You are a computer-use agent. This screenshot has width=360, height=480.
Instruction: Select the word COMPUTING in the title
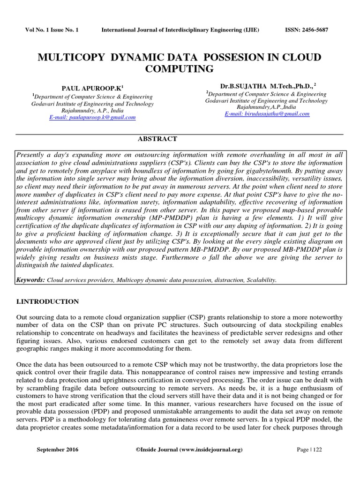(x=180, y=69)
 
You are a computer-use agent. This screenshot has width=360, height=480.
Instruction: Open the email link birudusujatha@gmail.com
(x=267, y=114)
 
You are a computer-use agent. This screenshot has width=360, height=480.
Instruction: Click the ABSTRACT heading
(x=157, y=139)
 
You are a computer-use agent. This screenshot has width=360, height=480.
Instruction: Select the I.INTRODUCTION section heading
(x=48, y=301)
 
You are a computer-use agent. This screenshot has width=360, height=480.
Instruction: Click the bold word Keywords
(x=30, y=280)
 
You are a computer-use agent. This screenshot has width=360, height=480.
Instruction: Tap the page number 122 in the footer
(x=316, y=450)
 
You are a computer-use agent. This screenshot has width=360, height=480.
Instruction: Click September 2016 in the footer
(x=58, y=450)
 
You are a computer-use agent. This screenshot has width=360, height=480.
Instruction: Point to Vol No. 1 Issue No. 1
(x=52, y=30)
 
